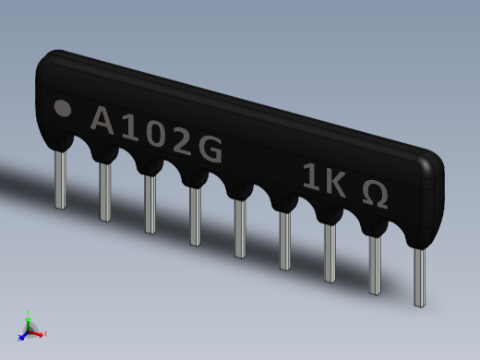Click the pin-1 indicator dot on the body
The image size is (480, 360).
63,109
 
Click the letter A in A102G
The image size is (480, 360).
102,121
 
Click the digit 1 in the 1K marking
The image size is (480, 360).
311,177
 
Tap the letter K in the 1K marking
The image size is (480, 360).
334,184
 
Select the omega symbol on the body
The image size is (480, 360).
375,195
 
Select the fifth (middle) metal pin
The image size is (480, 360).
240,229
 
